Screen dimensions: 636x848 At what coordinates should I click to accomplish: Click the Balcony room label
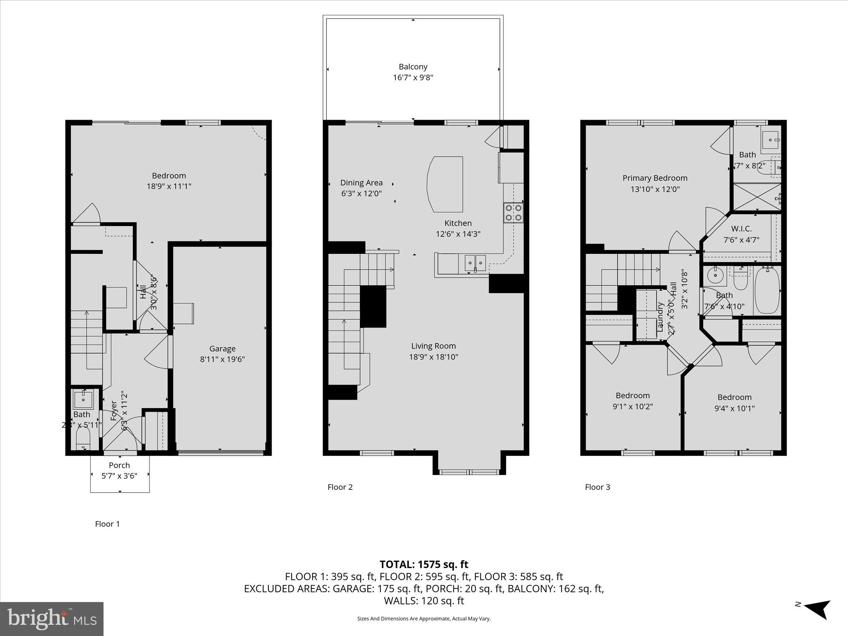413,67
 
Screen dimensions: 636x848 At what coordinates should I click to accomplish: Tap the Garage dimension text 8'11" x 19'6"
222,359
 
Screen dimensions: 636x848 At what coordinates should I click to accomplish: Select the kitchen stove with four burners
513,212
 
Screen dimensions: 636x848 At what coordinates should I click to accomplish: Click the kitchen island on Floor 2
445,184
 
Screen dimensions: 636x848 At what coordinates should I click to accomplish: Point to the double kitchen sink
475,263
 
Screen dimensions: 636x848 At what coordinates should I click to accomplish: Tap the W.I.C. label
741,229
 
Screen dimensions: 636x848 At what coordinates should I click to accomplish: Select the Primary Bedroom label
655,178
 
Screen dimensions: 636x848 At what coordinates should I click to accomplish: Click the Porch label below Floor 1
119,465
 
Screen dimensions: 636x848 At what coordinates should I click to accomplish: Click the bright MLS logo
52,619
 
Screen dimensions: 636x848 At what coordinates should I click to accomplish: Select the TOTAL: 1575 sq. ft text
424,564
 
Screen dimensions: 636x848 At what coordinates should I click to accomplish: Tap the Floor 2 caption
340,487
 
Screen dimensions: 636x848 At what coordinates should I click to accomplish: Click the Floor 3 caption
597,487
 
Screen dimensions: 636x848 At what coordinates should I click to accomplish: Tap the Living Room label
433,346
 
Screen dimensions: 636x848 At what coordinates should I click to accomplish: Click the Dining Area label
361,183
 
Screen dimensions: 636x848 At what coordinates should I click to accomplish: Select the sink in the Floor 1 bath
83,400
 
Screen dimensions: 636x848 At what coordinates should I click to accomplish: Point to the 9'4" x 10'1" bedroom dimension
734,408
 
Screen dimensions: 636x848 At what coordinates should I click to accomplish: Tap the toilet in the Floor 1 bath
83,438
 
